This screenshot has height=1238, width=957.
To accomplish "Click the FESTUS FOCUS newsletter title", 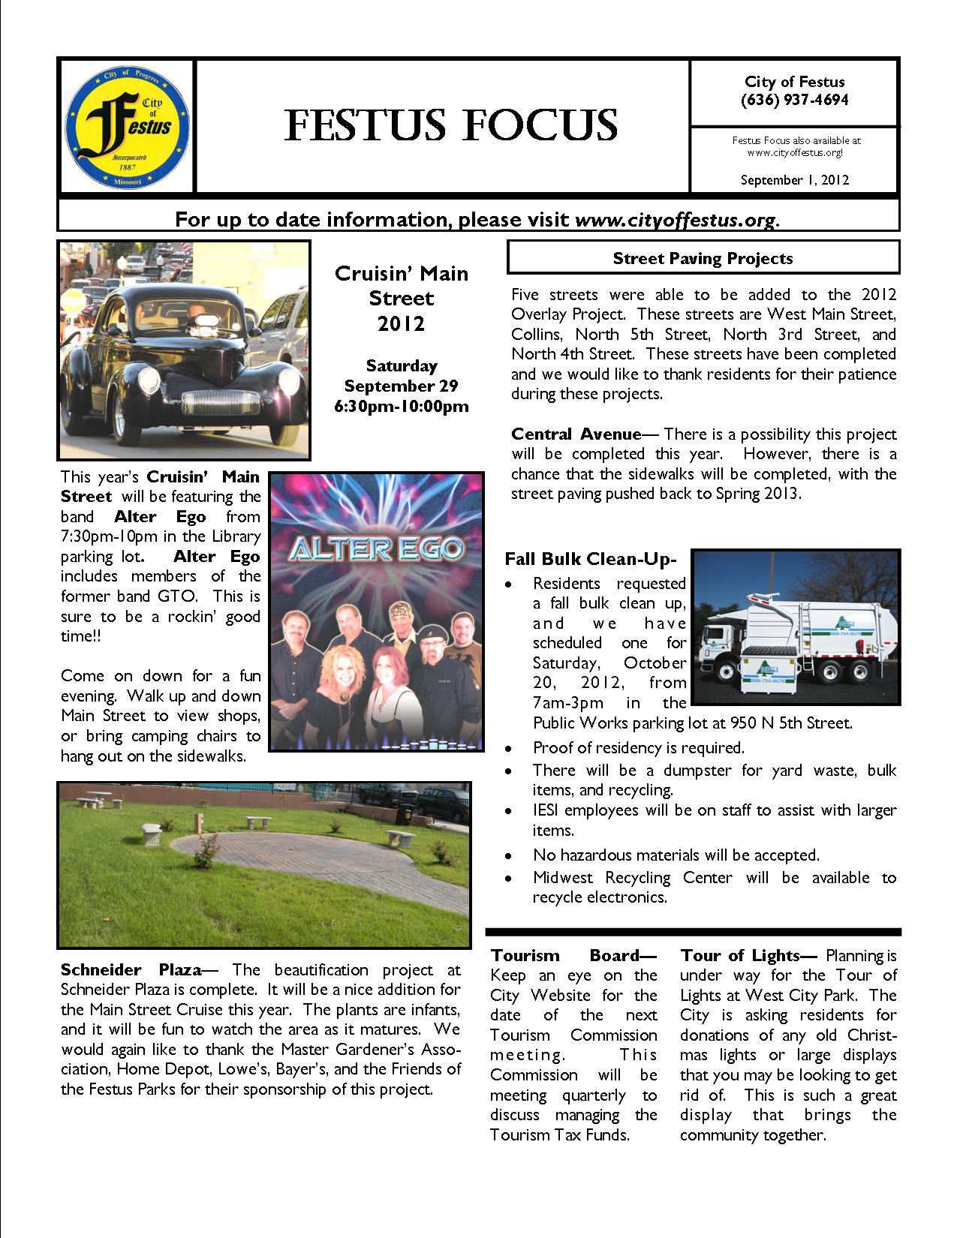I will coord(450,125).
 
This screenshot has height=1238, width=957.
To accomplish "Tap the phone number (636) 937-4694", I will coord(794,100).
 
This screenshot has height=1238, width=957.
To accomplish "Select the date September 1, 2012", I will coord(794,180).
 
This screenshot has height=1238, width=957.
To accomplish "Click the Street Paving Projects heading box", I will coord(703,258).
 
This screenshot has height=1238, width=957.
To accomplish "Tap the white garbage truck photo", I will coord(794,627).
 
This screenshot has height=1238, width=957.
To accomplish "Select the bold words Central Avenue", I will coord(576,434).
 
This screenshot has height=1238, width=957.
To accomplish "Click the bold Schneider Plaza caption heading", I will coord(131,970).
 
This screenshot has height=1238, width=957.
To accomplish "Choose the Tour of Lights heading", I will coord(748,956).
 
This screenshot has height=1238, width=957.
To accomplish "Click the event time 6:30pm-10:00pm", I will coord(402,407).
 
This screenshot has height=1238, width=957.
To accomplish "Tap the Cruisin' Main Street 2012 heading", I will coord(402,298).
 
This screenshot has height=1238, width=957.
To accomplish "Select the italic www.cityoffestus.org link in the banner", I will coord(675,220).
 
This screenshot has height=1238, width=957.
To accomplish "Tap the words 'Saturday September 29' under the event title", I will coord(402,376).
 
